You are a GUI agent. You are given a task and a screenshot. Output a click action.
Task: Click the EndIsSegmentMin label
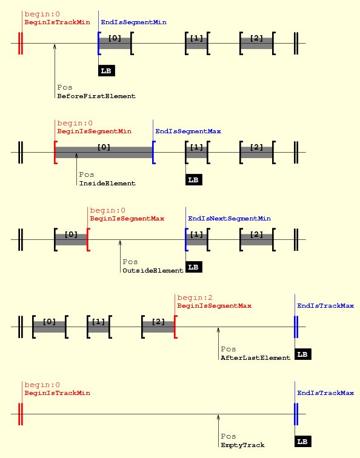click(x=133, y=22)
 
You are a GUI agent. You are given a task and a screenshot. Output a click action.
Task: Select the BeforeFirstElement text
click(x=96, y=96)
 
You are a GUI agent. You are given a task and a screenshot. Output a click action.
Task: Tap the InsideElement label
click(x=107, y=184)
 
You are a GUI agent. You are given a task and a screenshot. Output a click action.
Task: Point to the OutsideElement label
click(x=153, y=270)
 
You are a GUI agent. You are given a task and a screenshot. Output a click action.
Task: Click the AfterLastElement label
click(x=255, y=358)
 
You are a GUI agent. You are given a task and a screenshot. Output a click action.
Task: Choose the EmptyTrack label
click(x=242, y=445)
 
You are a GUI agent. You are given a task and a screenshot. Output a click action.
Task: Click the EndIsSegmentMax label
click(x=188, y=131)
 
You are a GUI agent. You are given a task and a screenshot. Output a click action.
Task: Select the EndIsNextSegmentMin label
click(x=229, y=219)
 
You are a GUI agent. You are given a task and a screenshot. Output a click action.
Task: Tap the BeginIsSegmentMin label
click(x=94, y=131)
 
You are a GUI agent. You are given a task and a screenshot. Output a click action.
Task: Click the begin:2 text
click(x=195, y=297)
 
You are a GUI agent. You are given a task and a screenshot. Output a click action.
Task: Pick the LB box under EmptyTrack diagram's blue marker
click(x=303, y=442)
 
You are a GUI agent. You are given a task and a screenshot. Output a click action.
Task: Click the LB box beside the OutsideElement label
click(x=194, y=267)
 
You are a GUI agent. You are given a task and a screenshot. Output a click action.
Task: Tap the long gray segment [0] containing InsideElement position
click(x=104, y=152)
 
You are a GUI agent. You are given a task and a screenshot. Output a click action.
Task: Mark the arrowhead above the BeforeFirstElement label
click(x=55, y=47)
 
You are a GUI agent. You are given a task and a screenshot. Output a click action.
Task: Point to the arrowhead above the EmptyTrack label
click(x=218, y=417)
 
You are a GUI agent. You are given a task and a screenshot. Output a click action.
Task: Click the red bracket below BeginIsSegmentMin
click(x=55, y=152)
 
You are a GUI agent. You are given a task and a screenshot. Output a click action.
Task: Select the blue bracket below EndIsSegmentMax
click(x=153, y=152)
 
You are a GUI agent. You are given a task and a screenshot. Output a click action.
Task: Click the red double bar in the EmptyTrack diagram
click(x=21, y=414)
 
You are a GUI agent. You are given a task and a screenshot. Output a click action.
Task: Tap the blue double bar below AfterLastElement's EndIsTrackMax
click(x=296, y=327)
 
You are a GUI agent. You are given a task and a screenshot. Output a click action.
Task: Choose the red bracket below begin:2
click(x=175, y=327)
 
